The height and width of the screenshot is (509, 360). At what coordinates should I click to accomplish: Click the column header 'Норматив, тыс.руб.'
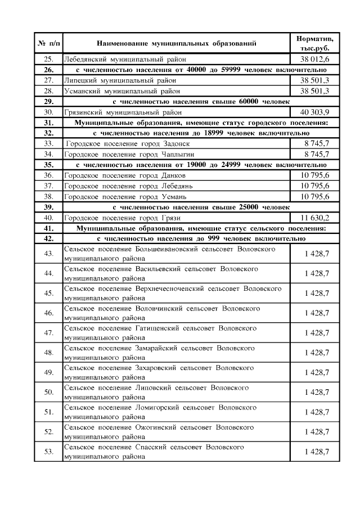(x=314, y=43)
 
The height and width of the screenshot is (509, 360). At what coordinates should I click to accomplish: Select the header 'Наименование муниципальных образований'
(x=176, y=43)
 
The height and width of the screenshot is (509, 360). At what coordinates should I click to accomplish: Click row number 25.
(x=48, y=59)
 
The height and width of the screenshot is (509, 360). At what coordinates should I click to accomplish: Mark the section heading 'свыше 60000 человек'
(x=201, y=101)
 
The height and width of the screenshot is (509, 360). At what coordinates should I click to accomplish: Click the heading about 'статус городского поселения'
(x=201, y=122)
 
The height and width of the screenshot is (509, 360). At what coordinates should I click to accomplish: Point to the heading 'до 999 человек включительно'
(x=201, y=238)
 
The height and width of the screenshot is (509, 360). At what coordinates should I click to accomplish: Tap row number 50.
(x=48, y=392)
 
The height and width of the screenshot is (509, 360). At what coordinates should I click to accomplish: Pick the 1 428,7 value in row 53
(x=317, y=452)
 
